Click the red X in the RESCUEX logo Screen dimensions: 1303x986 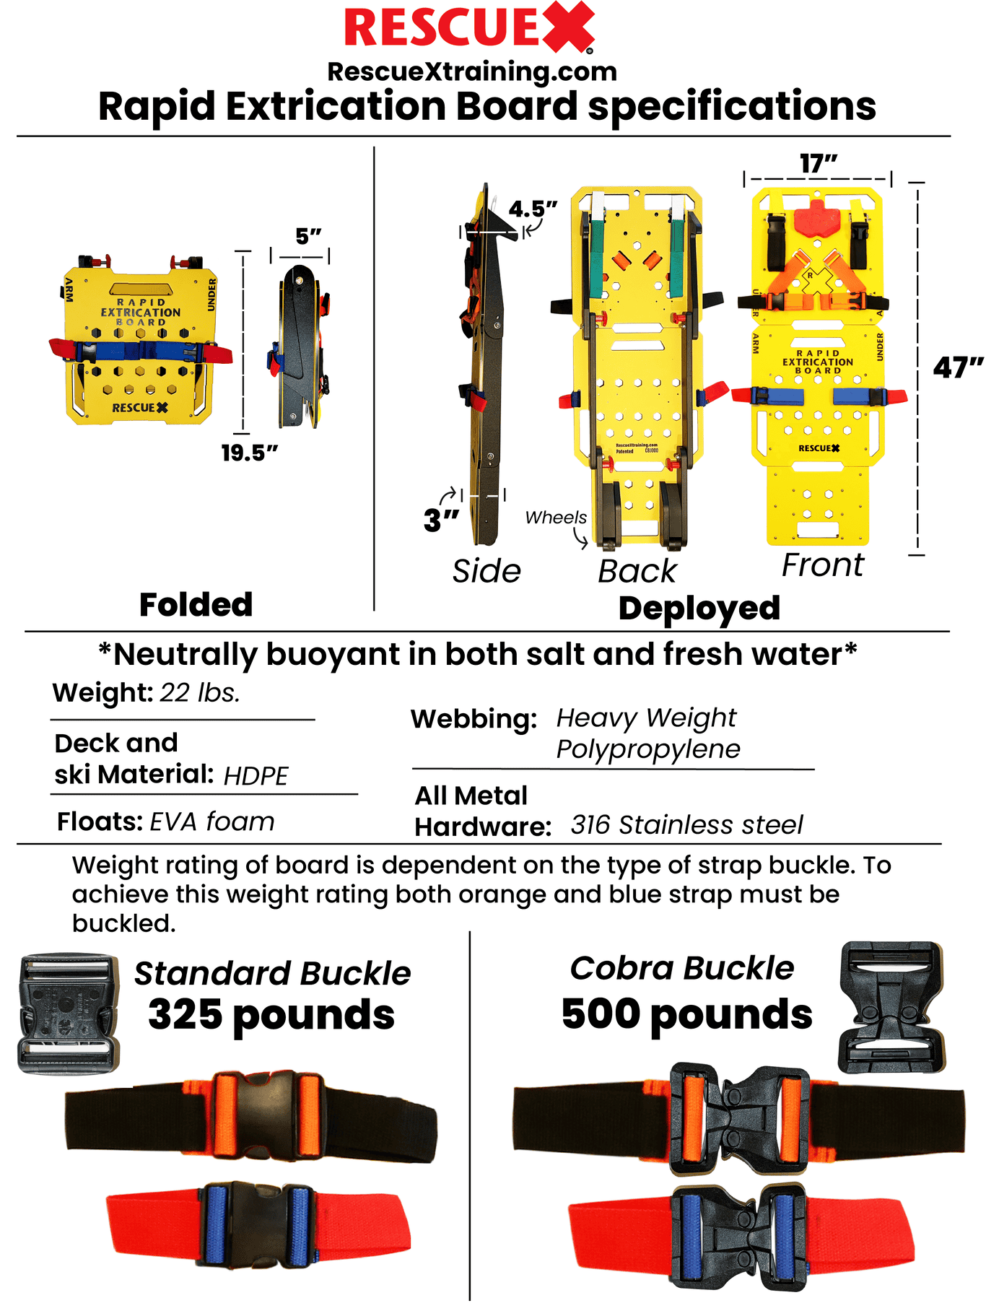(567, 27)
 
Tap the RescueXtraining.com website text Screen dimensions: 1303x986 (472, 71)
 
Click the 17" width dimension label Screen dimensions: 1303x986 (818, 164)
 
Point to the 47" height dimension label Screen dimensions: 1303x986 (958, 367)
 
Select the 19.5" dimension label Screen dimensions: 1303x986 (249, 453)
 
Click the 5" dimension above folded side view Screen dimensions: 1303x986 (308, 236)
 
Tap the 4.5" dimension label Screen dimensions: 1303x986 (533, 209)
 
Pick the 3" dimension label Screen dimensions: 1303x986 (441, 520)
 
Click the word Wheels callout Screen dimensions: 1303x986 (555, 518)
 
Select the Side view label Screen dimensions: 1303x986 (487, 571)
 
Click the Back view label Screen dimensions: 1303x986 (637, 571)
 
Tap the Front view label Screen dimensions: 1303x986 (822, 565)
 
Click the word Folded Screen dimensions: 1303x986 (196, 605)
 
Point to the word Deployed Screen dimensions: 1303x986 (699, 609)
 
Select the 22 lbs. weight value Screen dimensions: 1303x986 (199, 693)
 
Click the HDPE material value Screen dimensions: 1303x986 (256, 776)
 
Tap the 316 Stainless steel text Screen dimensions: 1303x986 (686, 824)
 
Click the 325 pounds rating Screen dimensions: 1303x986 (271, 1014)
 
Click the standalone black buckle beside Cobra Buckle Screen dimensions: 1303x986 (891, 1006)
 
